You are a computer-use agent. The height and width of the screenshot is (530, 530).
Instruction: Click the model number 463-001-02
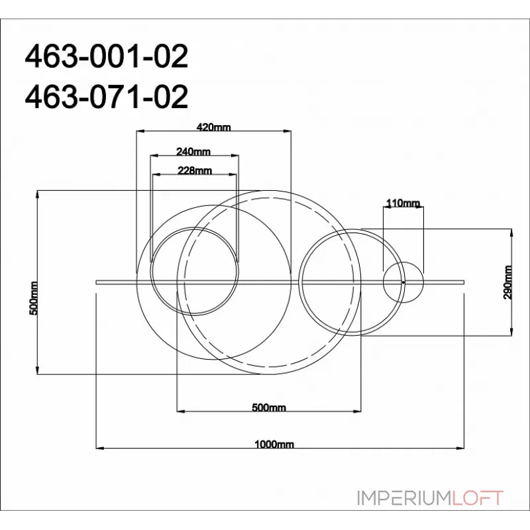click(106, 58)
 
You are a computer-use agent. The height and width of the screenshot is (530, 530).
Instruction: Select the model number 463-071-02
click(106, 97)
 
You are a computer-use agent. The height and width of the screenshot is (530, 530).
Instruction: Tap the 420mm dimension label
click(214, 127)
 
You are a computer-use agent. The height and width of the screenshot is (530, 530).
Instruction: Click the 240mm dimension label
click(193, 151)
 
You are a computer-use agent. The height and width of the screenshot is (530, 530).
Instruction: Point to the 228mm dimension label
click(195, 170)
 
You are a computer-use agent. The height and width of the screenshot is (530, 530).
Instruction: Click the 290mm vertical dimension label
click(508, 283)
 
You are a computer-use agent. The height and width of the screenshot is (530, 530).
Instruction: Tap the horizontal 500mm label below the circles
click(269, 407)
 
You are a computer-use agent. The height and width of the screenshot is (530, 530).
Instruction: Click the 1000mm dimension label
click(274, 445)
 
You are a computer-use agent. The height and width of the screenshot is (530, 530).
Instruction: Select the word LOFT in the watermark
click(477, 498)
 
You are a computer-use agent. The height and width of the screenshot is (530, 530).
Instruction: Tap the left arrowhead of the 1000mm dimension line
click(100, 449)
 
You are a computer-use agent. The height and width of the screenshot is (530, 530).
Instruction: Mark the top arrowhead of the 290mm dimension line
click(513, 232)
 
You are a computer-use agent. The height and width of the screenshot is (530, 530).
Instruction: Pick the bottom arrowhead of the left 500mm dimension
click(38, 372)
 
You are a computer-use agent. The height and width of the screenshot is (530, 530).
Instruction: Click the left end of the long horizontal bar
click(97, 282)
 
